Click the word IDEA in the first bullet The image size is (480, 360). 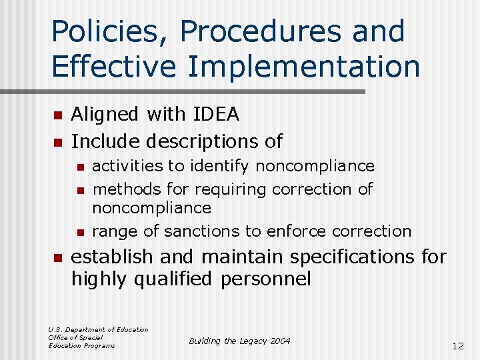[x=215, y=115]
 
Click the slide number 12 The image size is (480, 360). [x=457, y=346]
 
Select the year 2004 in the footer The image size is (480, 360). [x=280, y=341]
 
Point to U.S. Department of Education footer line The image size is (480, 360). [x=98, y=329]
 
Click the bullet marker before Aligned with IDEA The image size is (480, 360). [x=57, y=116]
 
